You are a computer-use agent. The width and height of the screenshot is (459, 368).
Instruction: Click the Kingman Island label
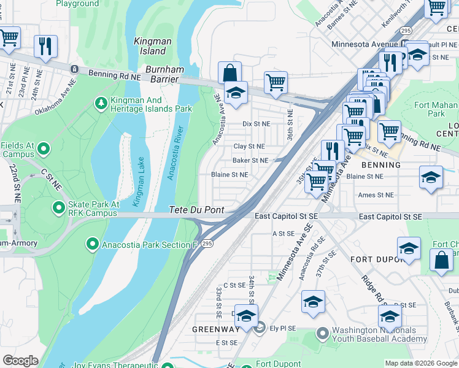(x=150, y=46)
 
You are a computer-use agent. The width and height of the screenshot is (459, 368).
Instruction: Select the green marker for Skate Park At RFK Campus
(x=59, y=207)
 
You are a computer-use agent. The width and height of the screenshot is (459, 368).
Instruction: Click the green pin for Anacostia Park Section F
(x=92, y=244)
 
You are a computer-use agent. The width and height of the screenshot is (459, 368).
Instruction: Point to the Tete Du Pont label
(x=196, y=210)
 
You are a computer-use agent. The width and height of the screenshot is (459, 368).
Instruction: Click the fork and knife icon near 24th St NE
(x=45, y=47)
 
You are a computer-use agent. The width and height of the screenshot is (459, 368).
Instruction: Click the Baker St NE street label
(x=250, y=161)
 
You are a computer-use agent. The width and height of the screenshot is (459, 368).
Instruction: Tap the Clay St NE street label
(x=249, y=147)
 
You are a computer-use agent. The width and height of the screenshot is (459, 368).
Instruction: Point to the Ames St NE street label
(x=376, y=195)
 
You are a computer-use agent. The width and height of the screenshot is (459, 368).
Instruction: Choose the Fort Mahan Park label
(x=436, y=109)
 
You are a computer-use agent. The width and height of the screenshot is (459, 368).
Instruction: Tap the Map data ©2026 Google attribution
(x=421, y=363)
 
